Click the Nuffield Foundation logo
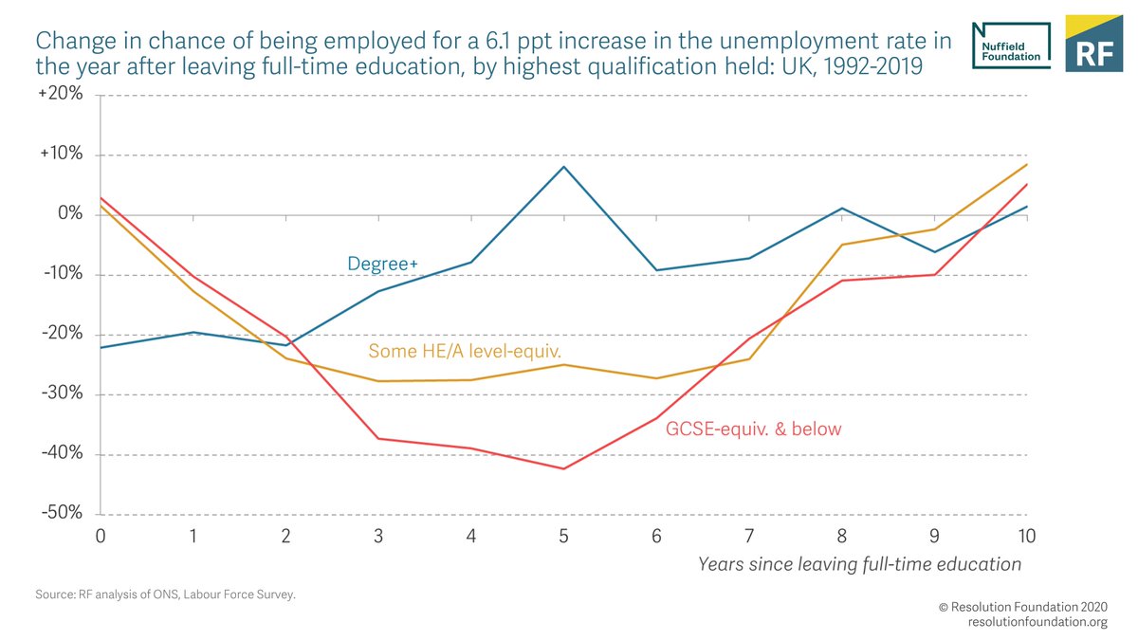[x=1011, y=44]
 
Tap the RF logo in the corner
[x=1093, y=44]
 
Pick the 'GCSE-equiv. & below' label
[x=753, y=430]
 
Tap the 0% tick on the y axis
[x=70, y=214]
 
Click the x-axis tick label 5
[x=564, y=536]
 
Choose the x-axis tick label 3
[x=378, y=536]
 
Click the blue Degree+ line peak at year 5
[x=564, y=167]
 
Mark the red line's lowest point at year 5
[x=564, y=468]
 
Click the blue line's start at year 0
[x=100, y=347]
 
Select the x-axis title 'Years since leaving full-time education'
[x=859, y=564]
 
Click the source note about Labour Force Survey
[x=165, y=596]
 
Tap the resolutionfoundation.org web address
[x=1037, y=622]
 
